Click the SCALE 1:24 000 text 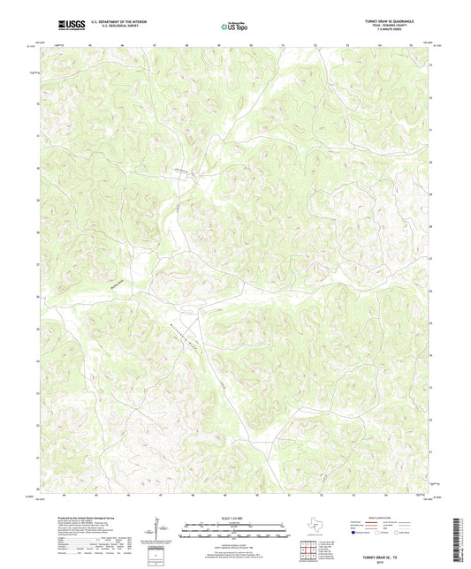pos(235,519)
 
